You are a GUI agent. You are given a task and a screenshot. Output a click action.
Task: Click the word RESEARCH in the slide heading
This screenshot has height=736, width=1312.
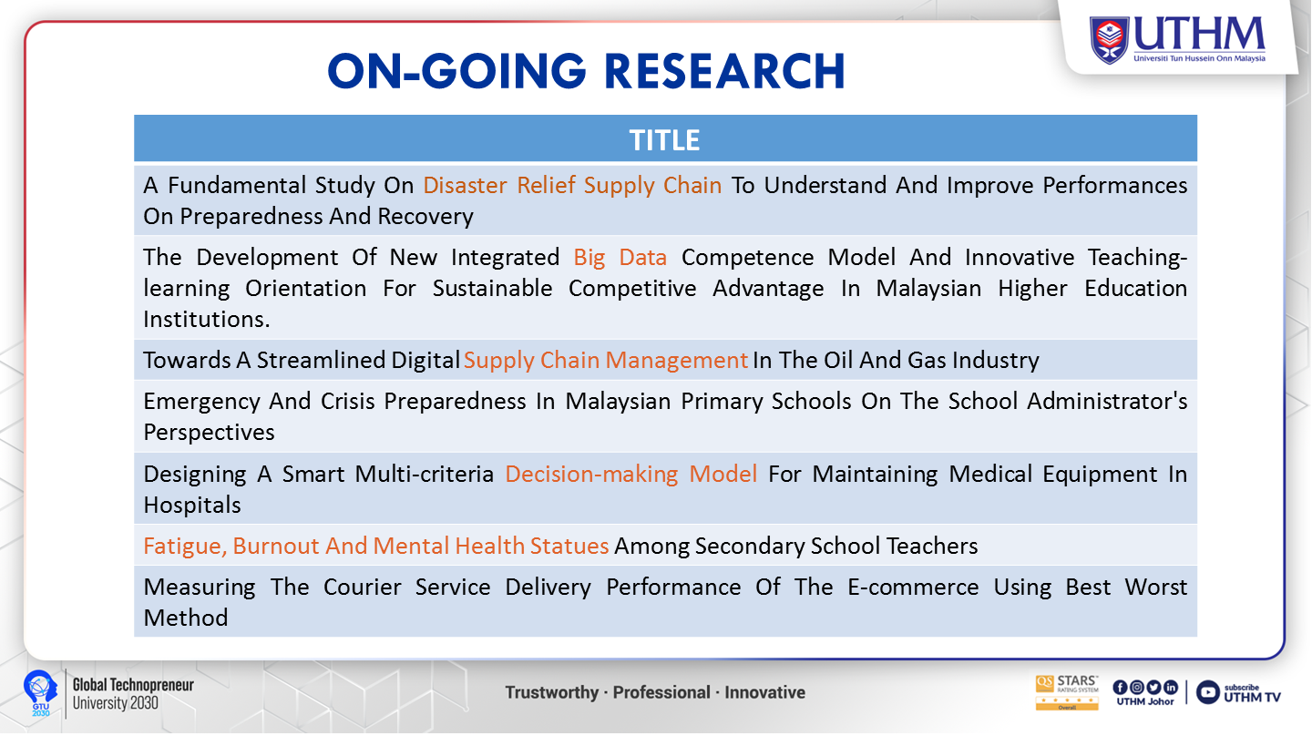pos(724,71)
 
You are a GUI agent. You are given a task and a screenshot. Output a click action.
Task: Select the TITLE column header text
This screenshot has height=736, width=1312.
pos(664,140)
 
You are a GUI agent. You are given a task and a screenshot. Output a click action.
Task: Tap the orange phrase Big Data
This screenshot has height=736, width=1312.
pos(620,258)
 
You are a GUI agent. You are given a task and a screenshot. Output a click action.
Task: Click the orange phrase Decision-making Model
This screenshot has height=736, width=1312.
pos(630,475)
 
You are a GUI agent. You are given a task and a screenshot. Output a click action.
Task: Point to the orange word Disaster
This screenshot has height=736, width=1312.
pos(465,185)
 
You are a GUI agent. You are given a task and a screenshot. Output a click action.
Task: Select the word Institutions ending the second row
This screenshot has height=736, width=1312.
pos(206,319)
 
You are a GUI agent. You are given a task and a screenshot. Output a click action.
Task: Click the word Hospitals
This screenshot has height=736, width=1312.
pos(192,506)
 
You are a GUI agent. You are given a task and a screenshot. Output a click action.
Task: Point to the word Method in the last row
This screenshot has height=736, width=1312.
pos(186,618)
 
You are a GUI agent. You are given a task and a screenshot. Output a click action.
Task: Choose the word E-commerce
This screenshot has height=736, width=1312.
pos(913,588)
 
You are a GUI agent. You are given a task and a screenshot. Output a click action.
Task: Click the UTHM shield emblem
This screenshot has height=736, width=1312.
pos(1109,40)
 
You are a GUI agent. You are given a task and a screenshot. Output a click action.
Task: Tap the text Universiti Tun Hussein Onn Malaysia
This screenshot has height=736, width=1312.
pos(1200,58)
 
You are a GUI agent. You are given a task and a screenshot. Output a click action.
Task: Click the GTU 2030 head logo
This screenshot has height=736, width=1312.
pos(40,692)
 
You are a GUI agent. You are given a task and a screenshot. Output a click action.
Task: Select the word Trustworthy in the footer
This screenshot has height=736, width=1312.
pos(552,692)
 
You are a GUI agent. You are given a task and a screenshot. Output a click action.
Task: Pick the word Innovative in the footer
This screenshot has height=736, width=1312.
pos(765,692)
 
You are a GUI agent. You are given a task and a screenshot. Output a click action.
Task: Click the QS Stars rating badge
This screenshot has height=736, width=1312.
pos(1067,692)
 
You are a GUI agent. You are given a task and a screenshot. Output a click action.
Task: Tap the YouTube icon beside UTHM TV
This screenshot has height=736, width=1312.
pos(1207,692)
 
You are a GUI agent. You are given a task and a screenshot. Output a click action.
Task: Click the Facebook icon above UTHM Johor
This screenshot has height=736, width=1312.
pos(1120,688)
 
